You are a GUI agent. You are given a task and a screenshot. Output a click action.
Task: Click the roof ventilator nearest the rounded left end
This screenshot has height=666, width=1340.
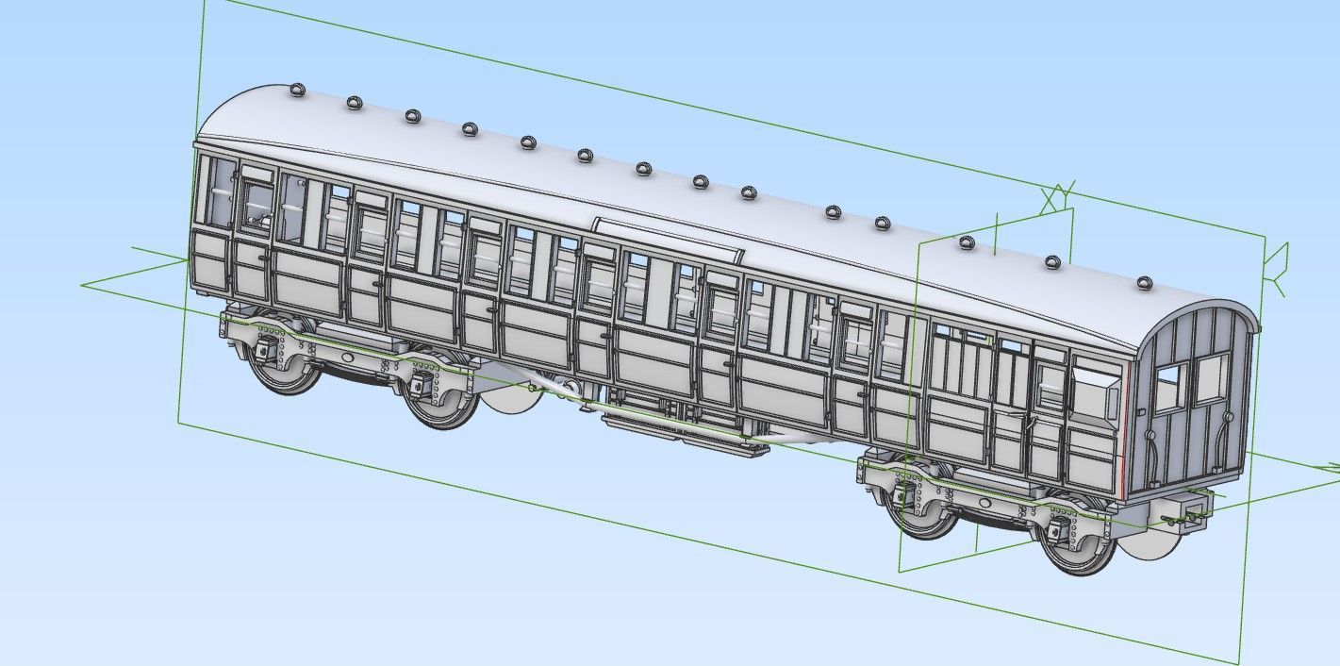point(297,91)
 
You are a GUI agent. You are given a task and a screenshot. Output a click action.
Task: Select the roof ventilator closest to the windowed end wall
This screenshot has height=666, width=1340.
point(1143,282)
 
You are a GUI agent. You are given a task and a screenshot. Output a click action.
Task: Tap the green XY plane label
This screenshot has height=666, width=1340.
point(1057,197)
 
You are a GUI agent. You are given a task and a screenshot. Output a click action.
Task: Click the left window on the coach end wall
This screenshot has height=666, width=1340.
point(1167,388)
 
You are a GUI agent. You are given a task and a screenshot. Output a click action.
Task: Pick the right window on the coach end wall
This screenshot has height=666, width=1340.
point(1212,377)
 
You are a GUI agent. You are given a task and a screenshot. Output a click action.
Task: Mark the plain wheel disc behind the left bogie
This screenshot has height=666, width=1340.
point(512,400)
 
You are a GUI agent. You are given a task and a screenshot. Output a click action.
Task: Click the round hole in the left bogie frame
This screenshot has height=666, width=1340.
point(348,358)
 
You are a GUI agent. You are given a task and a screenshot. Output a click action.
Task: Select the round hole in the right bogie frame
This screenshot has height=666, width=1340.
point(985,503)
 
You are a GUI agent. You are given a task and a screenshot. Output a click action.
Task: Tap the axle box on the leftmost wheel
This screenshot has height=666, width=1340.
point(263,352)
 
